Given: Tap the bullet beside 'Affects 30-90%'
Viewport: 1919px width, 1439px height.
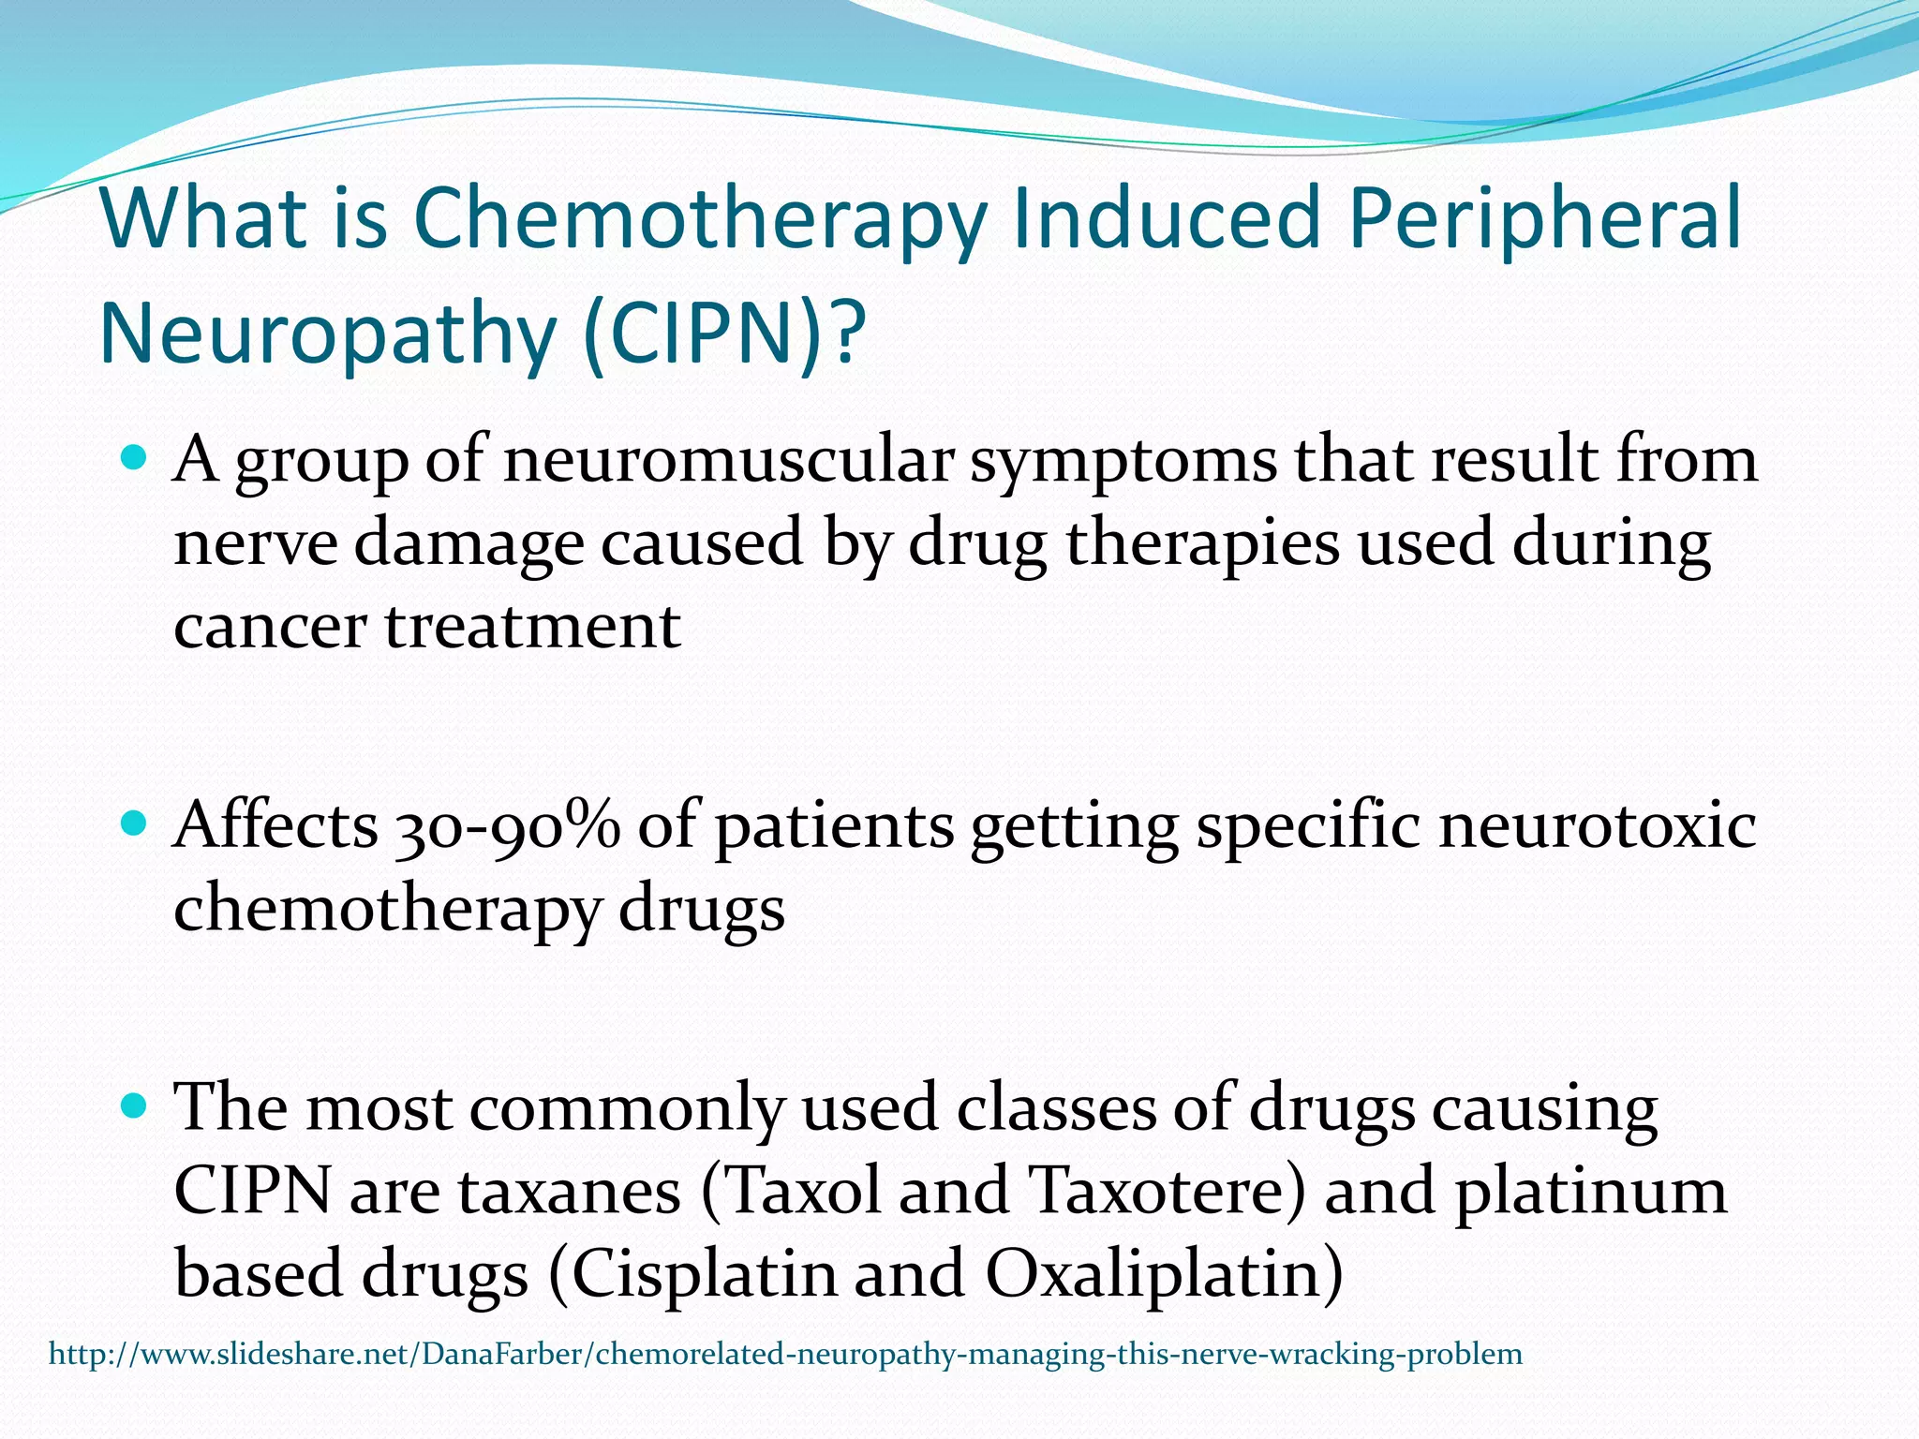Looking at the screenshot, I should click(136, 824).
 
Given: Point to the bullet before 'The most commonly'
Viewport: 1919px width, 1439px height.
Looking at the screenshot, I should click(136, 1106).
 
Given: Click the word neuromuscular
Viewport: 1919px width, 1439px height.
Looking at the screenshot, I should click(728, 461).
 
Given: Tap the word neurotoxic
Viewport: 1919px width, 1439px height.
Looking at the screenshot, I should click(1598, 827).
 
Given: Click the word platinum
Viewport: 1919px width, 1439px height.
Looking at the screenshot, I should click(1590, 1192).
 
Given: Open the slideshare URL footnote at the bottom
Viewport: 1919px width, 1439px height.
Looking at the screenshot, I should click(785, 1355).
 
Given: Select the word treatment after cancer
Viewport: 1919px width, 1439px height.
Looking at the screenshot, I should click(532, 626).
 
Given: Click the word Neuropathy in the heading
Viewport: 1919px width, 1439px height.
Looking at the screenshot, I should click(328, 334).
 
